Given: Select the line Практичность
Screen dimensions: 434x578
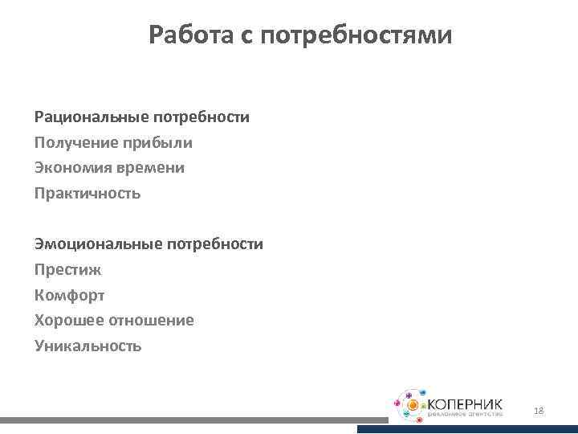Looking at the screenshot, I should [88, 194].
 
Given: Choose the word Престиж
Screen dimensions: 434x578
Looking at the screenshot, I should [67, 269].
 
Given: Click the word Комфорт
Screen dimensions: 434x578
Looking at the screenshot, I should [69, 295].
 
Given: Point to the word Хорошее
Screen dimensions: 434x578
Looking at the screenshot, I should [67, 320].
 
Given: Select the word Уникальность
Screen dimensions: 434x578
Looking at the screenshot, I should [88, 346].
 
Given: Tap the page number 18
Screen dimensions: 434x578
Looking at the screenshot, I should [539, 411].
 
